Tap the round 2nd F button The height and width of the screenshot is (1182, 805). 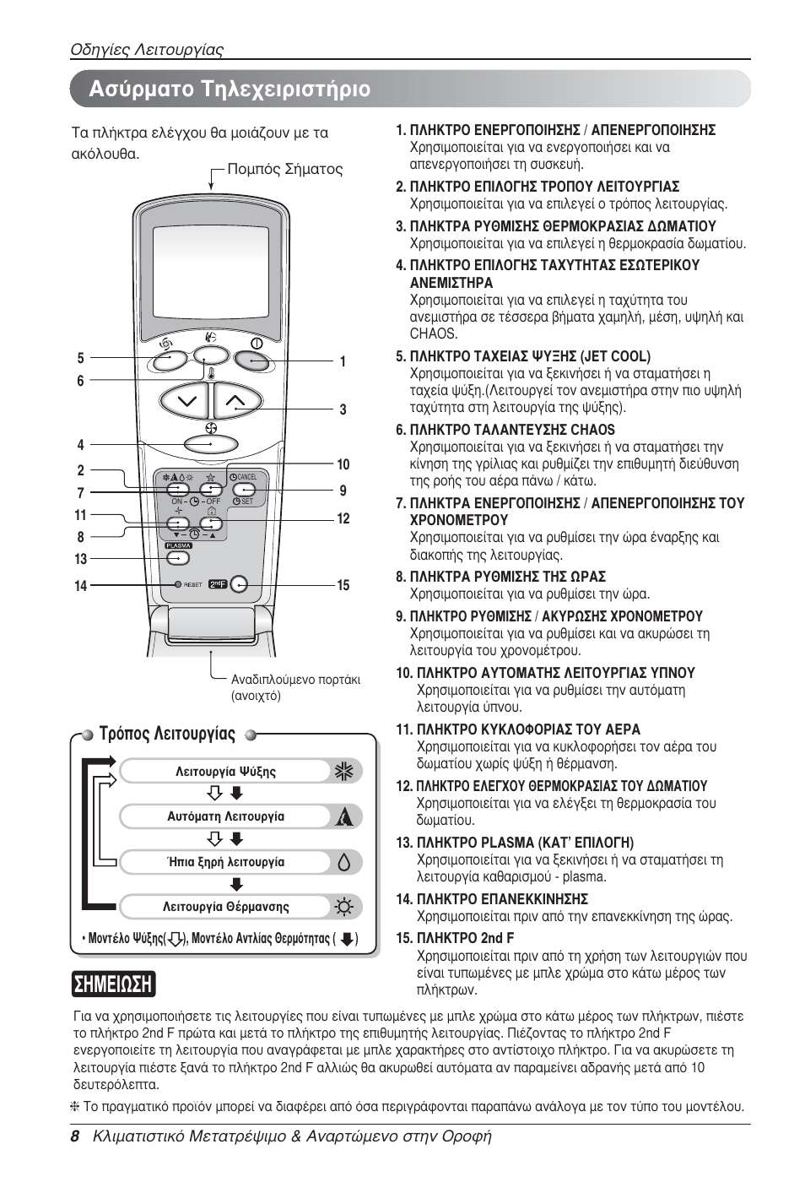(x=240, y=583)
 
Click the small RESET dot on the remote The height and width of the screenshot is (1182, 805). (x=178, y=584)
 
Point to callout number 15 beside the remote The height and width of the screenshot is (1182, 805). (x=343, y=585)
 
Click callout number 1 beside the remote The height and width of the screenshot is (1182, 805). (x=343, y=361)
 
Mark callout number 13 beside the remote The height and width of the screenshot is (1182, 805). (x=81, y=559)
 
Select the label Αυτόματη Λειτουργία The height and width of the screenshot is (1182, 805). (x=225, y=816)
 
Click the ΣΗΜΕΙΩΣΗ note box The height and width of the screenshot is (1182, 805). (x=114, y=984)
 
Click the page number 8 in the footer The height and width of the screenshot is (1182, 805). (x=75, y=1136)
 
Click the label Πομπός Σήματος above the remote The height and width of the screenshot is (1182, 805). (x=285, y=169)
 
